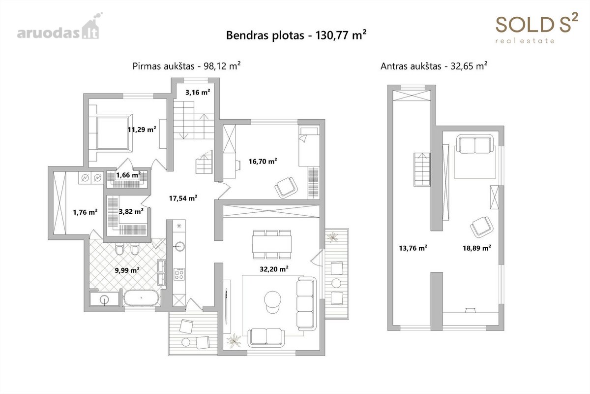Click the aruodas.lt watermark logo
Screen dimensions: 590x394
[x=59, y=27]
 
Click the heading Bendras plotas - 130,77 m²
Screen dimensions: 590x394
[x=296, y=35]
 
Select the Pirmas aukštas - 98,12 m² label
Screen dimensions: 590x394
[x=186, y=66]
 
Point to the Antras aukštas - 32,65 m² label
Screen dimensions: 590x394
[x=434, y=66]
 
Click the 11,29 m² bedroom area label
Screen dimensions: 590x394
[x=142, y=130]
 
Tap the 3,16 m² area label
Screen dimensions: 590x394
[x=198, y=92]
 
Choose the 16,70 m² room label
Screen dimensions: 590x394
[x=263, y=161]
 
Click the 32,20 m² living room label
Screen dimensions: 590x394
[x=274, y=269]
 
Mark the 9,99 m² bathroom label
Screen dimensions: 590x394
[x=127, y=270]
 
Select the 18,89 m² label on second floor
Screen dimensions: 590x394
[x=477, y=248]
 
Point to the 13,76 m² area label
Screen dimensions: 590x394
[x=413, y=248]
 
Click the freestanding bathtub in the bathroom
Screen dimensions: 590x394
[x=142, y=298]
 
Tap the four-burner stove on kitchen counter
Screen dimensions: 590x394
[x=179, y=274]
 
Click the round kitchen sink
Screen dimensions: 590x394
[x=179, y=246]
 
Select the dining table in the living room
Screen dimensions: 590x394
[x=272, y=244]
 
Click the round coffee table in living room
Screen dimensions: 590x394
[x=272, y=299]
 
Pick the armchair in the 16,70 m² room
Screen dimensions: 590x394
[x=286, y=187]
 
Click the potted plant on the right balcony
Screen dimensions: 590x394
[x=333, y=237]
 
